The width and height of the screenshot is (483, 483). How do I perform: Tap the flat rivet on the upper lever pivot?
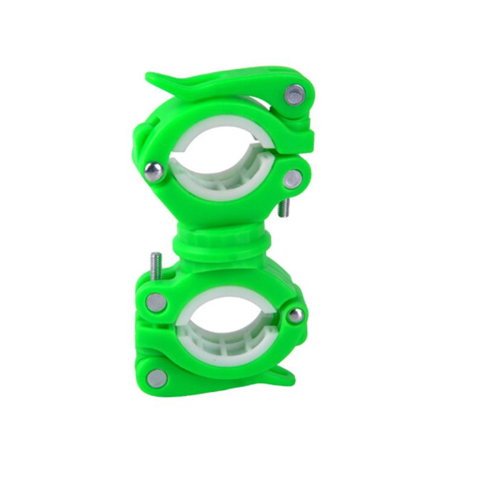[294, 94]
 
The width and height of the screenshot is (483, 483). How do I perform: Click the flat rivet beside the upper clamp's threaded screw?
[292, 178]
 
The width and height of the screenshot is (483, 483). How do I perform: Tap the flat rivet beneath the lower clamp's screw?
[156, 302]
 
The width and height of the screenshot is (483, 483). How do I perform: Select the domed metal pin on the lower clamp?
[295, 315]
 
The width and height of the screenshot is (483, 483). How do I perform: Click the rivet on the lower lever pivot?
[156, 378]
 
